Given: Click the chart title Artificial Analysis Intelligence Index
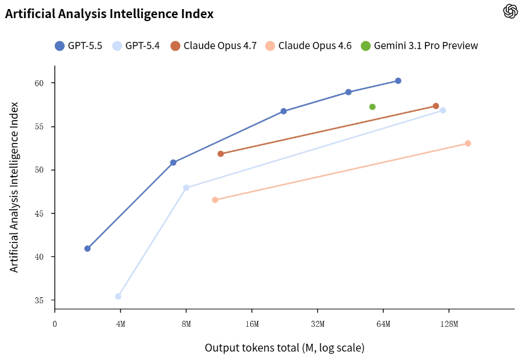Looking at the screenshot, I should (x=109, y=13).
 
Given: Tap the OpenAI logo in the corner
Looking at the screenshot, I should (x=510, y=11).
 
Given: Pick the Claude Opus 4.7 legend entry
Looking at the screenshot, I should (x=214, y=46).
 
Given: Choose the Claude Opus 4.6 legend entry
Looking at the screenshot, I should (x=309, y=46).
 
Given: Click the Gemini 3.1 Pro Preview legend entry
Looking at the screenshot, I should (x=420, y=46).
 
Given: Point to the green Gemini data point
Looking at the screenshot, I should (x=373, y=107).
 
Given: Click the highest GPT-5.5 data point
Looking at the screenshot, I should (x=398, y=81).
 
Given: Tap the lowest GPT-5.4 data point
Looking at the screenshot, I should (x=118, y=296).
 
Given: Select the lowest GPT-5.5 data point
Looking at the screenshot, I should (x=87, y=248).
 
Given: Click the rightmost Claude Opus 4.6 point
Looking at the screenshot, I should (x=468, y=144).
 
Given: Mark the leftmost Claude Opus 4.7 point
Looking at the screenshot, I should (x=221, y=154).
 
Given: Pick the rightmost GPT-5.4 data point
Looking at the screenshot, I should (x=443, y=110).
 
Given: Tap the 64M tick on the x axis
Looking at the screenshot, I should (x=383, y=324).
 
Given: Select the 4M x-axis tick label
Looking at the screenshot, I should (x=121, y=324).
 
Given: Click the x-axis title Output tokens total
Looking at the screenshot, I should (x=285, y=348).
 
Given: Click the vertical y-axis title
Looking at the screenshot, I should (x=14, y=187).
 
